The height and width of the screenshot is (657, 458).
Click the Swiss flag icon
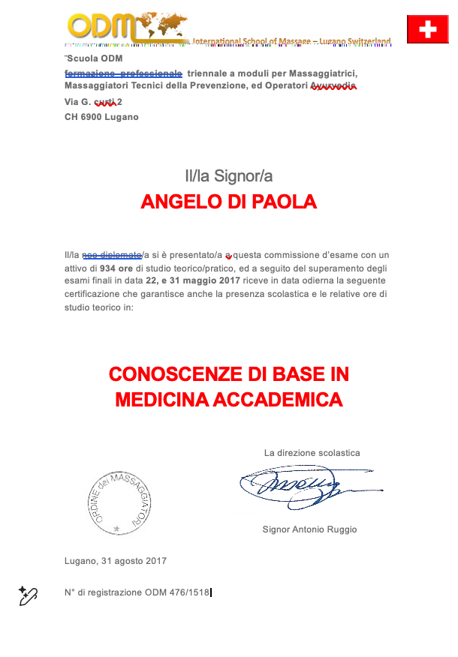427,29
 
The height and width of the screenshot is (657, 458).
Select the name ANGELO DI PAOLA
228,202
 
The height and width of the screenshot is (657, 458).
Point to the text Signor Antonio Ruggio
309,529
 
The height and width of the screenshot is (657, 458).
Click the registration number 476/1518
186,592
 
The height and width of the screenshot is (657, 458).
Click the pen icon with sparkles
28,595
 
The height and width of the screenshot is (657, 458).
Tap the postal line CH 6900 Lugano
101,117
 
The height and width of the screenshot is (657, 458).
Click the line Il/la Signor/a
228,176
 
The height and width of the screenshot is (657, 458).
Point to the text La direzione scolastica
312,453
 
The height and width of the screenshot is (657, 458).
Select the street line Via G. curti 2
93,101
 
